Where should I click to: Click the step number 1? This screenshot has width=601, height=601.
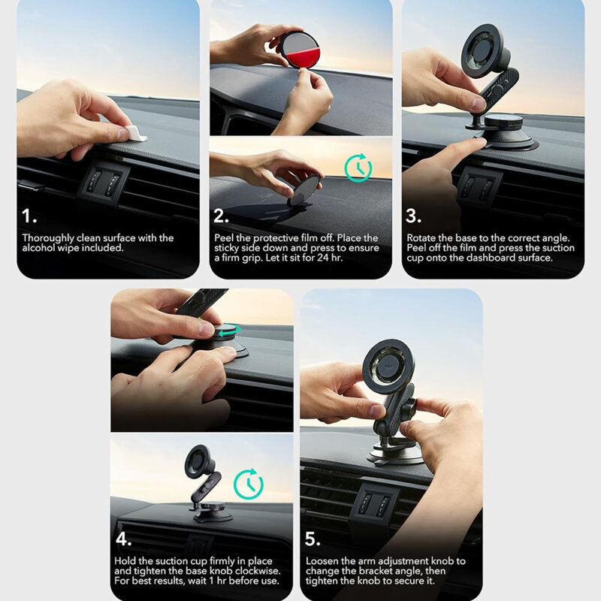coord(29,217)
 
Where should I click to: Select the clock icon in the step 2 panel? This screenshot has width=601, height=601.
coord(357,166)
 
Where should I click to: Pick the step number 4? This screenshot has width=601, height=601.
coord(124,539)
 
